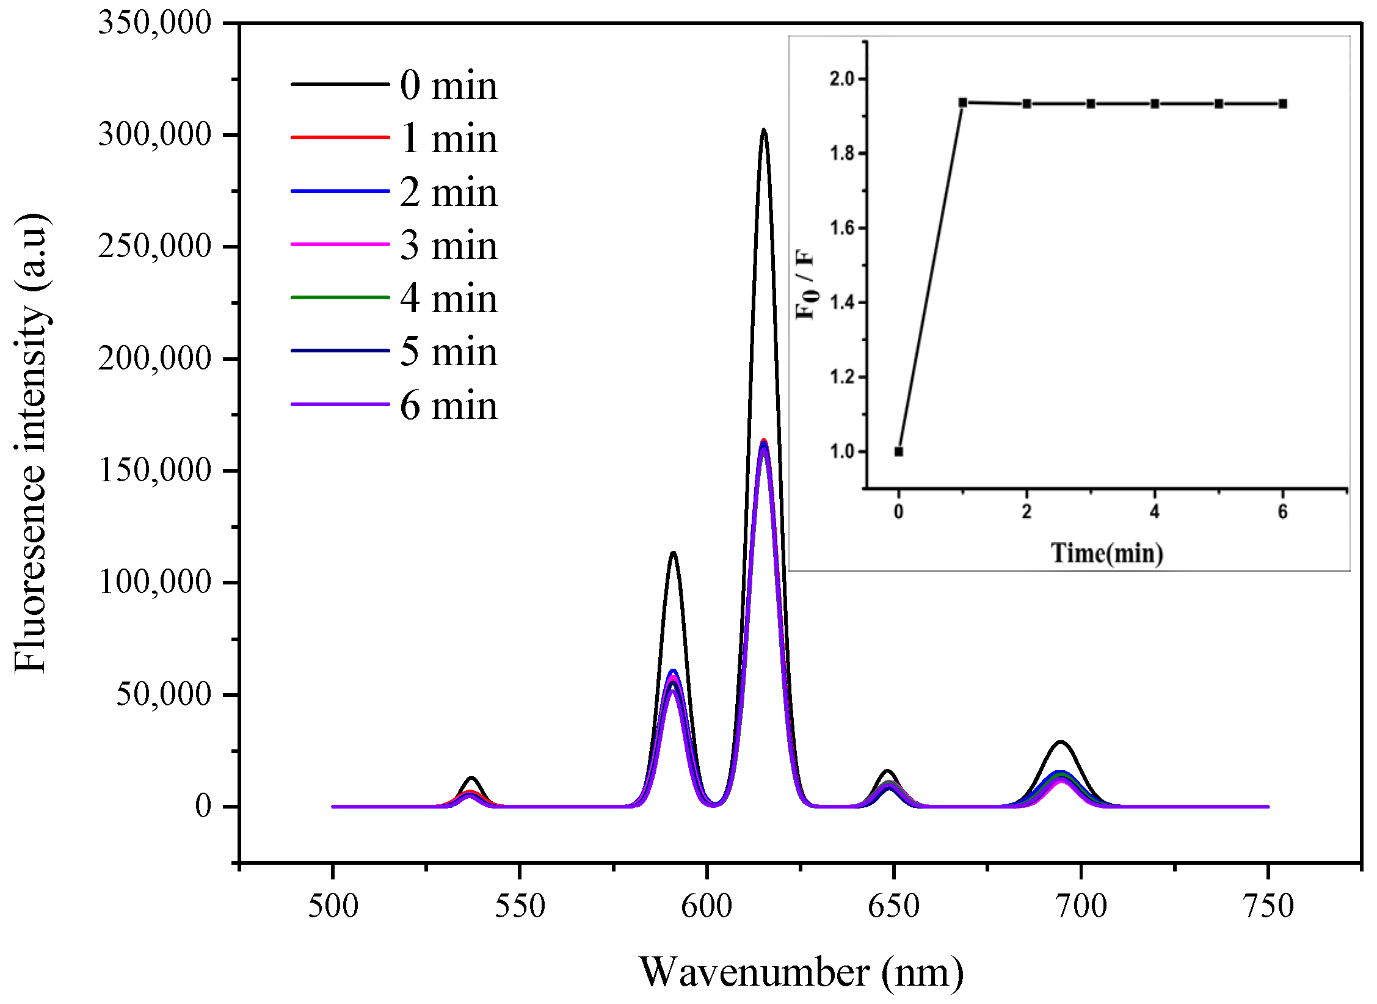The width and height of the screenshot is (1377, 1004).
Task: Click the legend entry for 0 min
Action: (x=449, y=85)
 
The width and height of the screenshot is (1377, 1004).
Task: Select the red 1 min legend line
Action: (x=340, y=137)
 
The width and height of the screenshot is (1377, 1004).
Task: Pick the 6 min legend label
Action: (x=449, y=406)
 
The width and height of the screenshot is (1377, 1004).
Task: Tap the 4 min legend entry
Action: (x=449, y=299)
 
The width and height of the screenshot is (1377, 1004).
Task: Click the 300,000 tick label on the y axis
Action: (x=154, y=134)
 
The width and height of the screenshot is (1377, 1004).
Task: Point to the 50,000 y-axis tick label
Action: (x=163, y=694)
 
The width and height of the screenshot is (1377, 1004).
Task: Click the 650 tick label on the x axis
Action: (x=893, y=906)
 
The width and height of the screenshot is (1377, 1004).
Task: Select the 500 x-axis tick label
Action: (x=333, y=906)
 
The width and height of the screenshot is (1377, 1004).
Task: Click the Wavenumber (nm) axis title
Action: (x=801, y=972)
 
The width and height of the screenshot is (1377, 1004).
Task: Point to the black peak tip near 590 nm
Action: (x=674, y=553)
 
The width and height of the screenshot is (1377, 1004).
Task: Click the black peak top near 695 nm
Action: (x=1061, y=742)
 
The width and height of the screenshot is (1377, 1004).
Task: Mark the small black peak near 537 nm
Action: (x=471, y=778)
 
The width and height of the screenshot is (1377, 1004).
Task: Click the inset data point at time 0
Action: (x=899, y=451)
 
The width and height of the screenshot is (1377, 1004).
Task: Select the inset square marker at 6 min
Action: (x=1283, y=104)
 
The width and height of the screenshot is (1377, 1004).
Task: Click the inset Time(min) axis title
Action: (x=1106, y=553)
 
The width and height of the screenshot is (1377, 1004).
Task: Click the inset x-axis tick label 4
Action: (x=1154, y=512)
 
